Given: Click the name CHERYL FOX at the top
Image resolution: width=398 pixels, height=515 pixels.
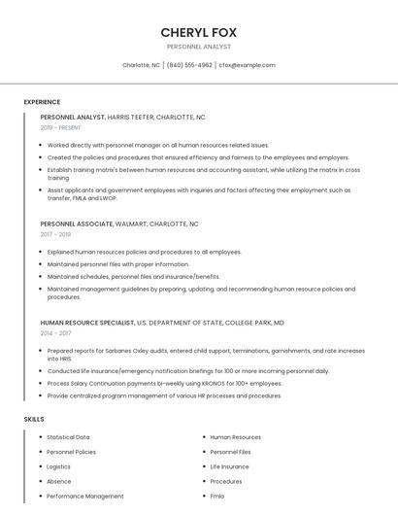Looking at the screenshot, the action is [198, 32].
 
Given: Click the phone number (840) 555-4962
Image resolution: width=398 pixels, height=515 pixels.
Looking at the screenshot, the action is [189, 65].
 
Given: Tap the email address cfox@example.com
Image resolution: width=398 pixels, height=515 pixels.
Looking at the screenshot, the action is [247, 65].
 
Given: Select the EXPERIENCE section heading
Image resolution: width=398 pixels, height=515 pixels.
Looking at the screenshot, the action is [42, 102].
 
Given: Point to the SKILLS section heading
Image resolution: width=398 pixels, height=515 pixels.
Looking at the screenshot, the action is [34, 419].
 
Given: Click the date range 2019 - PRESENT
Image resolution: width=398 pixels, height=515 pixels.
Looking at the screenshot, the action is [60, 127].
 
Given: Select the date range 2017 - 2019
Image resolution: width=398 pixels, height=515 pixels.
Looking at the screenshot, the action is [55, 234].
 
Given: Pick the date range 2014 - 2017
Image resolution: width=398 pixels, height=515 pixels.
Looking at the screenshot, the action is [55, 332].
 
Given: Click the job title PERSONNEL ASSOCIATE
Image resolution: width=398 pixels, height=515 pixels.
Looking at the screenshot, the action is [77, 223].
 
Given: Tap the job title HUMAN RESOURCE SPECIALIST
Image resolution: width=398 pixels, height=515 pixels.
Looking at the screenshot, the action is [86, 322].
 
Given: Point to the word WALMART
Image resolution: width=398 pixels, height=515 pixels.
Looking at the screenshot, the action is [131, 223].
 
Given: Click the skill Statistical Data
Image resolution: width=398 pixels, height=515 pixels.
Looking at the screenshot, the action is [68, 437].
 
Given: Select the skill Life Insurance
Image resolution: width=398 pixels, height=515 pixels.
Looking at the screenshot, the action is [229, 466].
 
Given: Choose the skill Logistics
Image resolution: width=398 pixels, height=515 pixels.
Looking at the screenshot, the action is [58, 466].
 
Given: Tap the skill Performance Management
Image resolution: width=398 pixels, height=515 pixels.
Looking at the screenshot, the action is [84, 496].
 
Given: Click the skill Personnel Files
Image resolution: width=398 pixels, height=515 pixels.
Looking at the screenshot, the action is [230, 452].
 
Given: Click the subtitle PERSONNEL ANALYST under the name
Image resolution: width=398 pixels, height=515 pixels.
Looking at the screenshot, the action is [198, 46].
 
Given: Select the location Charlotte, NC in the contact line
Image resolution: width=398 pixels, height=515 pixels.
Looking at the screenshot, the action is [141, 65].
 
